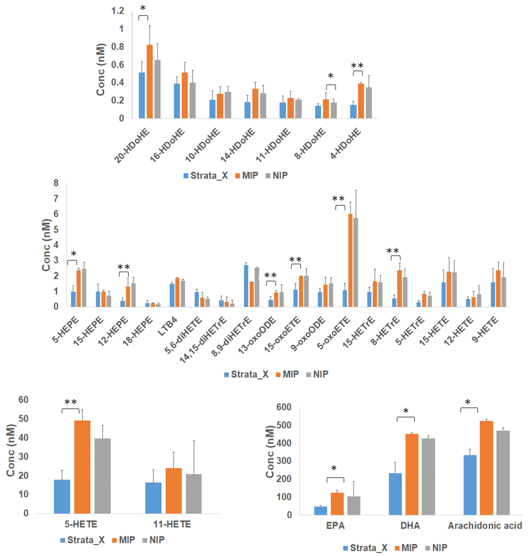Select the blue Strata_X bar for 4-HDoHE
click(353, 111)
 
